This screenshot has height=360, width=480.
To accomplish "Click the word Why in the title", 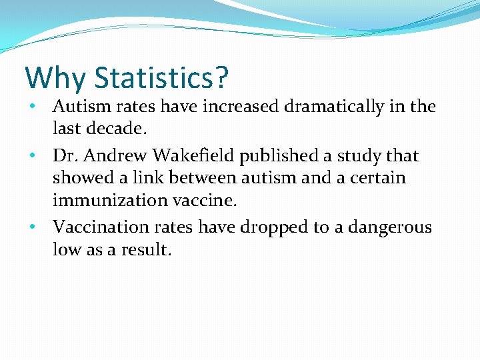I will tap(55, 78).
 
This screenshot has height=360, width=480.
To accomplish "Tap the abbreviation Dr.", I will tap(65, 156).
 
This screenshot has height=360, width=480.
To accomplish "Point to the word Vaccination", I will tap(99, 227).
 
